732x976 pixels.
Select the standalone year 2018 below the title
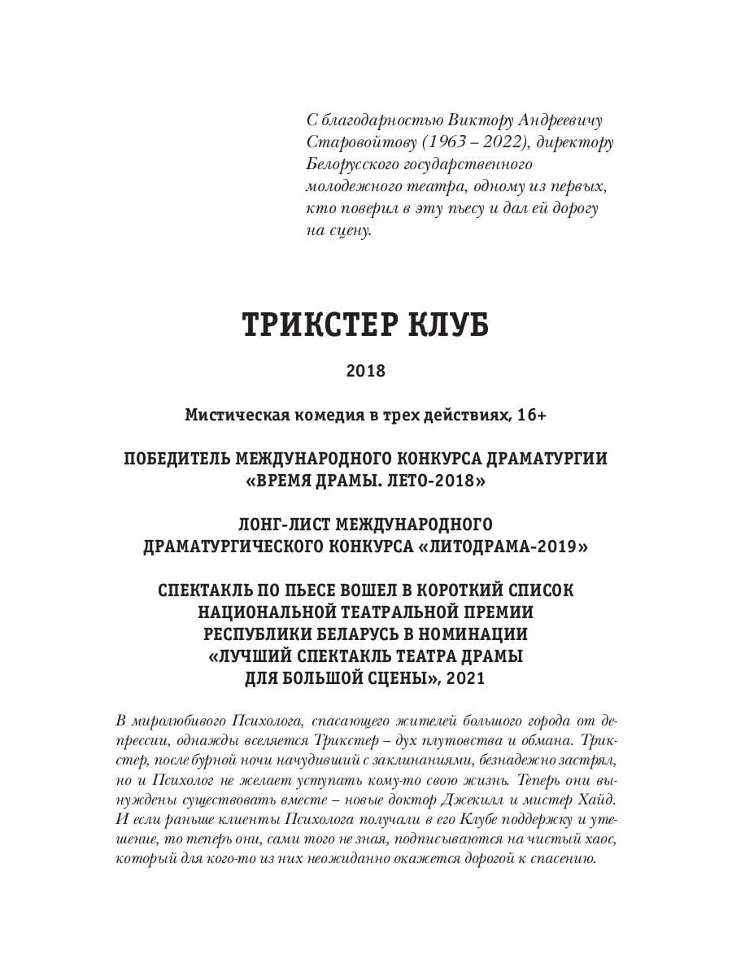(x=365, y=371)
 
